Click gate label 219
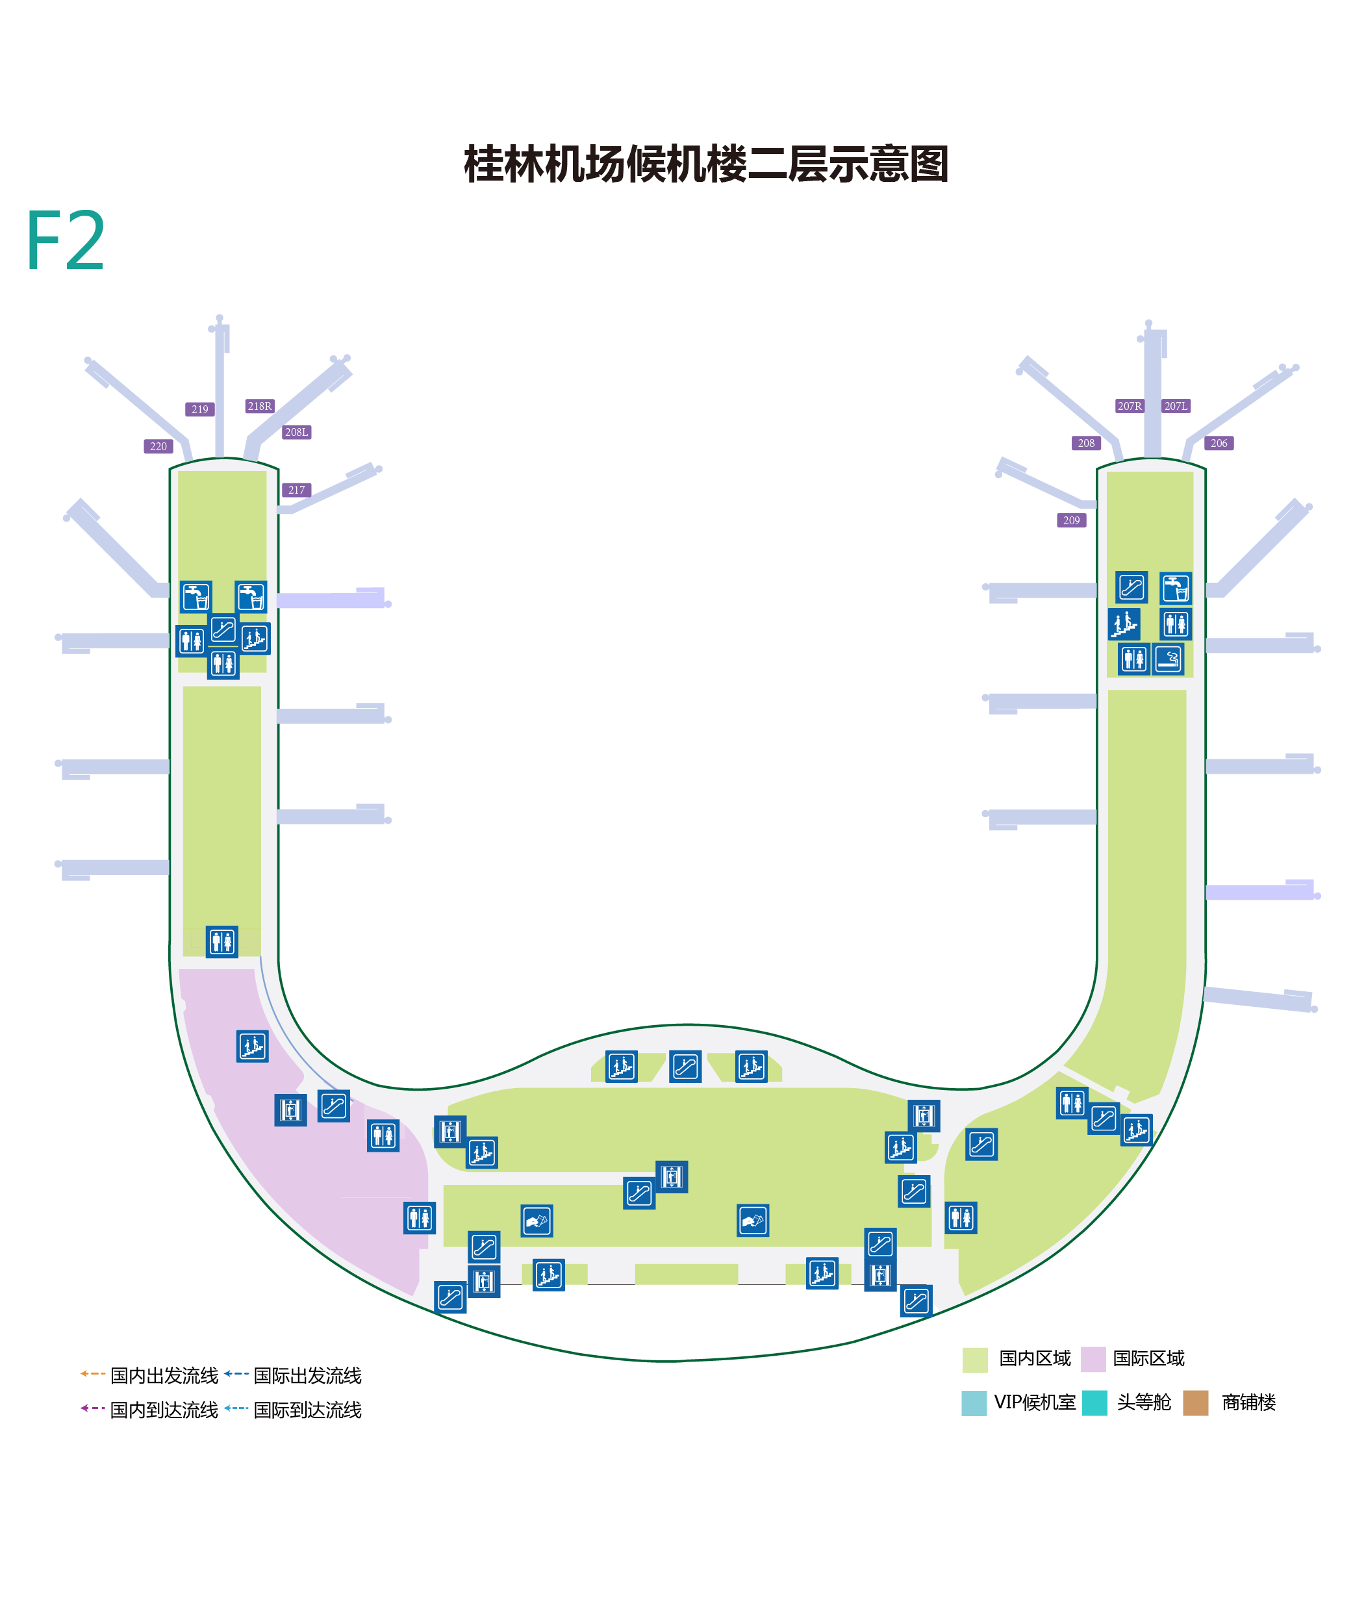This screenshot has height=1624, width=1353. click(199, 409)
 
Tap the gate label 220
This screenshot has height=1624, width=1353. click(158, 446)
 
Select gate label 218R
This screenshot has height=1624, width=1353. click(260, 406)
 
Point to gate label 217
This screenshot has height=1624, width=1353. click(296, 490)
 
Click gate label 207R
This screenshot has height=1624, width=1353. click(1130, 406)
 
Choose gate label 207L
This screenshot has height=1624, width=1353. click(1176, 406)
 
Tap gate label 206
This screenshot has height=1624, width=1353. click(1219, 443)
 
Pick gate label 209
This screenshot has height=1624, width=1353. click(1071, 520)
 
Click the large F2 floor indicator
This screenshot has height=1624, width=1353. click(66, 240)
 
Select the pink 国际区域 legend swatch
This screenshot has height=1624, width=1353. click(1093, 1360)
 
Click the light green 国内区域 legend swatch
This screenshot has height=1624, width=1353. click(974, 1360)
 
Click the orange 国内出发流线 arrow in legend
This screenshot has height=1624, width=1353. click(93, 1374)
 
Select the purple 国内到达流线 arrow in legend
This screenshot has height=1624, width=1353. click(93, 1408)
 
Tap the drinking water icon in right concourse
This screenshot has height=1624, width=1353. click(1175, 588)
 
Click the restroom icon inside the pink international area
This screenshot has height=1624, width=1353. click(383, 1136)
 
